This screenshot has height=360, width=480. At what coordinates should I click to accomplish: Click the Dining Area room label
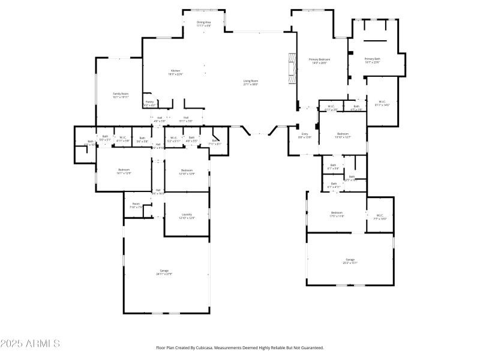point(204,23)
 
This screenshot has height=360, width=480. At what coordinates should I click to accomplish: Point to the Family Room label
point(121,95)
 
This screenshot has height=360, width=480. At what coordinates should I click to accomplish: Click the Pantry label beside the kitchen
point(149,103)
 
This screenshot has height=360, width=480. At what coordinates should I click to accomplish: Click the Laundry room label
point(187,216)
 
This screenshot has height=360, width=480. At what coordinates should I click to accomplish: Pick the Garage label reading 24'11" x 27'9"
point(164,272)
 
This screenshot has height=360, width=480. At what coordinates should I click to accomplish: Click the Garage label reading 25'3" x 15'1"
point(350,261)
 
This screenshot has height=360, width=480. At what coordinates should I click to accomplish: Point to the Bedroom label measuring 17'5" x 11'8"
point(337,214)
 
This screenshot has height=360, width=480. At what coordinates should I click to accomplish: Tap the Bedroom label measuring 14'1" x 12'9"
point(124,171)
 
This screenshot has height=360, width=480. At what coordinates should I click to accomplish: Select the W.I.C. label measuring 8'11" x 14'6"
point(382,103)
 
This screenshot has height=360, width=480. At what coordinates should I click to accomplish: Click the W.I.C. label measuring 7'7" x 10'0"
point(380,217)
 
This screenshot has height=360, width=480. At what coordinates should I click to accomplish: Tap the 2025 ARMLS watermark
point(30,344)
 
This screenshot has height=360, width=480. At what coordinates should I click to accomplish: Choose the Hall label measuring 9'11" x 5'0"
point(186,119)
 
